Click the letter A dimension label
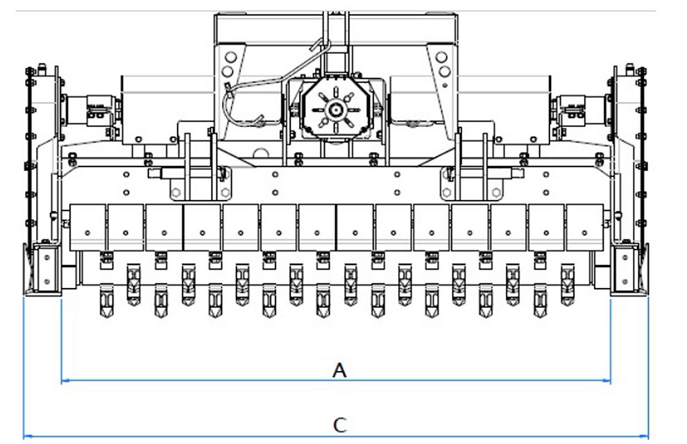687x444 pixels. click(339, 370)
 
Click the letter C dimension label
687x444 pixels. click(340, 425)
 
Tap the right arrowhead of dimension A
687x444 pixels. click(607, 381)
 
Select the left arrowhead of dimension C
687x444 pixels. click(27, 436)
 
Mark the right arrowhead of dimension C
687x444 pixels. click(644, 436)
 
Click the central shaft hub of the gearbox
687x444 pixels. click(335, 110)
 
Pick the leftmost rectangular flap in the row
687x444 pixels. click(87, 228)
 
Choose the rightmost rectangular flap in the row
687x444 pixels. click(584, 228)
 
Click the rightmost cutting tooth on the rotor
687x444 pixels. click(568, 284)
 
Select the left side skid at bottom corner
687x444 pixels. click(43, 270)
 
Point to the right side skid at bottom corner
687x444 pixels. click(629, 270)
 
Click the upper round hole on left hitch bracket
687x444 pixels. click(230, 57)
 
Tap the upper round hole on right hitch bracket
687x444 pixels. click(441, 57)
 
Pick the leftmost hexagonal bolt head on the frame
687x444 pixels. click(176, 192)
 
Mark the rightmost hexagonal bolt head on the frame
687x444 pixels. click(496, 192)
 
